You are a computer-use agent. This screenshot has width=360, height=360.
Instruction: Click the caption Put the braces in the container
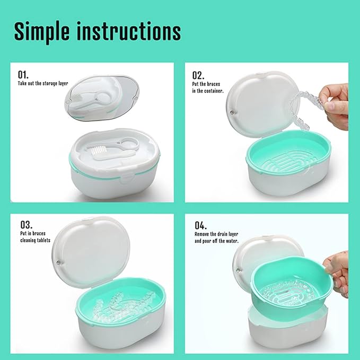[x=208, y=87]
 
